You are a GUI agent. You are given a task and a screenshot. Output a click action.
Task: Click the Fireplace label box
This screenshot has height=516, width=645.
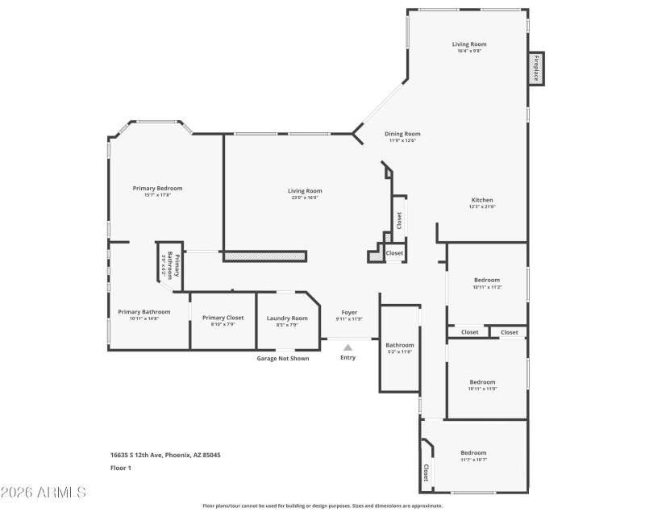click(x=535, y=68)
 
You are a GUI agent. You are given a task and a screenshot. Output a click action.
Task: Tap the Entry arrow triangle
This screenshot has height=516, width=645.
click(x=347, y=347)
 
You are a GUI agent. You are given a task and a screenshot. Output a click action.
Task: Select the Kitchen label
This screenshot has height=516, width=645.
click(x=482, y=200)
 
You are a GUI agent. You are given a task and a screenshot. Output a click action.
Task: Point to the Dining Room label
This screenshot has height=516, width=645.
click(x=402, y=134)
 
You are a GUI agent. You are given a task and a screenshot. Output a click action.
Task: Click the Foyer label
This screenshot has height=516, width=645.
click(x=348, y=312)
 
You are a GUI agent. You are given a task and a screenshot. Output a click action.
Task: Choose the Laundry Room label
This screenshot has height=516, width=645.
click(x=287, y=318)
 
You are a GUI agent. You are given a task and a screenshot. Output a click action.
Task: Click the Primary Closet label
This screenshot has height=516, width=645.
click(x=223, y=318)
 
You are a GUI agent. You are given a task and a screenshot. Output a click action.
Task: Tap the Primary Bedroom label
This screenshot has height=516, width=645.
click(x=157, y=188)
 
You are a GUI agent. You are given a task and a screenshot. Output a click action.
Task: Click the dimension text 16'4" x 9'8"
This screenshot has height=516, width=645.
click(x=468, y=52)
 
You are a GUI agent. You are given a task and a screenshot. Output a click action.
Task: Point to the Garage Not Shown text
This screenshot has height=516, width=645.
click(x=282, y=358)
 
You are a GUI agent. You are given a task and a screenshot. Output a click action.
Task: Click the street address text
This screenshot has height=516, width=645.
click(x=165, y=455)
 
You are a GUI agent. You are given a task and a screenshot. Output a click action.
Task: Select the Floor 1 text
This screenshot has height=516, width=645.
click(x=120, y=468)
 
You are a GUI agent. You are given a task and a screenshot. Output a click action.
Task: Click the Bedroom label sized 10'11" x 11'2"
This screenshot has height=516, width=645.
click(x=486, y=280)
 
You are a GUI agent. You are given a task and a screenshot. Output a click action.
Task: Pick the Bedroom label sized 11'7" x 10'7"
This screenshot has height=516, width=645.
click(x=473, y=452)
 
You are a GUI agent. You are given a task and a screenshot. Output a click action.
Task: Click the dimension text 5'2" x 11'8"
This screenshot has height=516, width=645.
click(x=399, y=352)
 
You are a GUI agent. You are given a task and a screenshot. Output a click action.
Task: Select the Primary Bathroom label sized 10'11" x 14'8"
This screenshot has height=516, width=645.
click(x=144, y=312)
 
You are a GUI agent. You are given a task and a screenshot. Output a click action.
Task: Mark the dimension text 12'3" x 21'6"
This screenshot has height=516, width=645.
click(x=482, y=207)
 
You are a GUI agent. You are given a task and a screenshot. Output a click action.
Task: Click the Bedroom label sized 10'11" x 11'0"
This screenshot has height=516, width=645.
click(x=483, y=381)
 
